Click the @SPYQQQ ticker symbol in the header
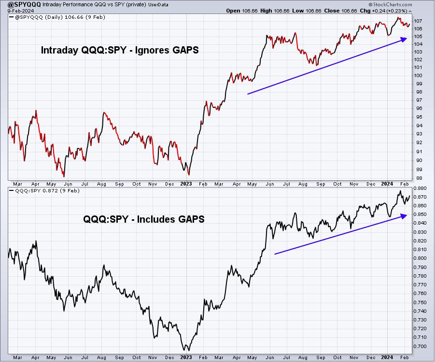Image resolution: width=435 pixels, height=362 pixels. pos(25,4)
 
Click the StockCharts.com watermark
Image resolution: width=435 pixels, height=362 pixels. pos(390,4)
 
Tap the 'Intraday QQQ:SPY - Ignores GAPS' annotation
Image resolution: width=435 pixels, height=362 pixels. pos(120,50)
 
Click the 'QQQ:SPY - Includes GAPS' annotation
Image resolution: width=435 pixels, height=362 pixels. pos(144,219)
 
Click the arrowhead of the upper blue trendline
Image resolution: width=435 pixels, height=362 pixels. pos(404,40)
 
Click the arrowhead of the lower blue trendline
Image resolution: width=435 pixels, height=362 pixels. pos(404,216)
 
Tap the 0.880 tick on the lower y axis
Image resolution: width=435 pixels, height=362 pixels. pos(420,188)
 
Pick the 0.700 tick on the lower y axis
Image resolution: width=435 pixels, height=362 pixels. pos(420,346)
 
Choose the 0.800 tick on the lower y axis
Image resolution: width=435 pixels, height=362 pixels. pos(420,258)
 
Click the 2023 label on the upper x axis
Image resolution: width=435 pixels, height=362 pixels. pos(186,184)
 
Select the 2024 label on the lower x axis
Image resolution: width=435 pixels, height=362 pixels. pos(387,357)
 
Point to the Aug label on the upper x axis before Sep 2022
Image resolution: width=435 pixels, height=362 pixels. pos(101,184)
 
